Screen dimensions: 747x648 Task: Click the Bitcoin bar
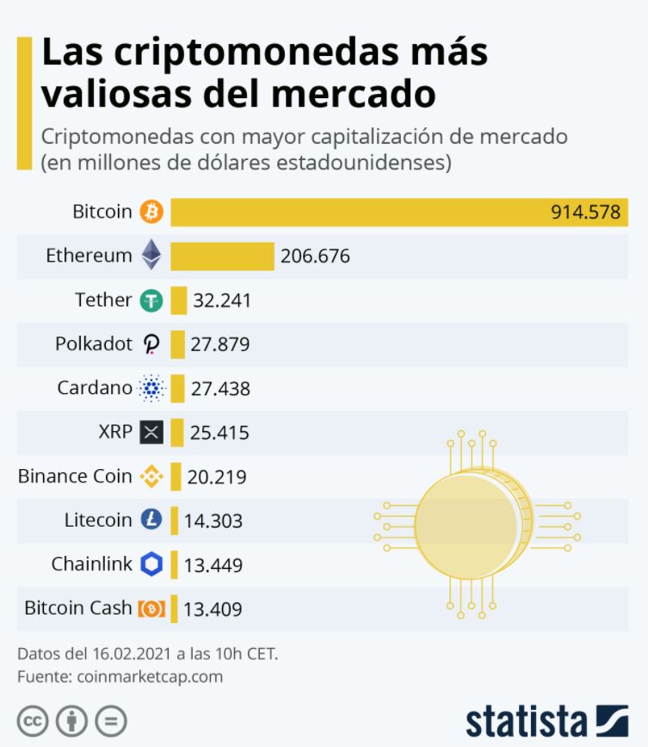click(x=361, y=212)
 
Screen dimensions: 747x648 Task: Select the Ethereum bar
click(x=222, y=256)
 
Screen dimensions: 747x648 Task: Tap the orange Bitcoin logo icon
click(x=151, y=212)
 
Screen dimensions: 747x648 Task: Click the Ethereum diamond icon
click(x=151, y=256)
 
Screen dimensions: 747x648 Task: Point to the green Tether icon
click(x=151, y=300)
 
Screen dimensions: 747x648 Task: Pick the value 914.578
click(x=585, y=213)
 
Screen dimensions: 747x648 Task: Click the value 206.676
click(x=315, y=256)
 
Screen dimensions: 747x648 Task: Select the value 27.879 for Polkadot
click(x=220, y=345)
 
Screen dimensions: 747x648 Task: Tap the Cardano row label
click(x=95, y=388)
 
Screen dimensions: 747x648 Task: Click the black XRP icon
click(x=151, y=432)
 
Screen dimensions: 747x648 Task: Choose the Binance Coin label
click(x=75, y=476)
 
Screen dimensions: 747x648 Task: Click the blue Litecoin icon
click(x=151, y=520)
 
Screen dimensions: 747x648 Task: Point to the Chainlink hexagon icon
click(x=151, y=565)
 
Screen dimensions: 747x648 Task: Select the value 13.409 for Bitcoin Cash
click(x=213, y=609)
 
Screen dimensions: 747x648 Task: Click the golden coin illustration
click(x=473, y=524)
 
